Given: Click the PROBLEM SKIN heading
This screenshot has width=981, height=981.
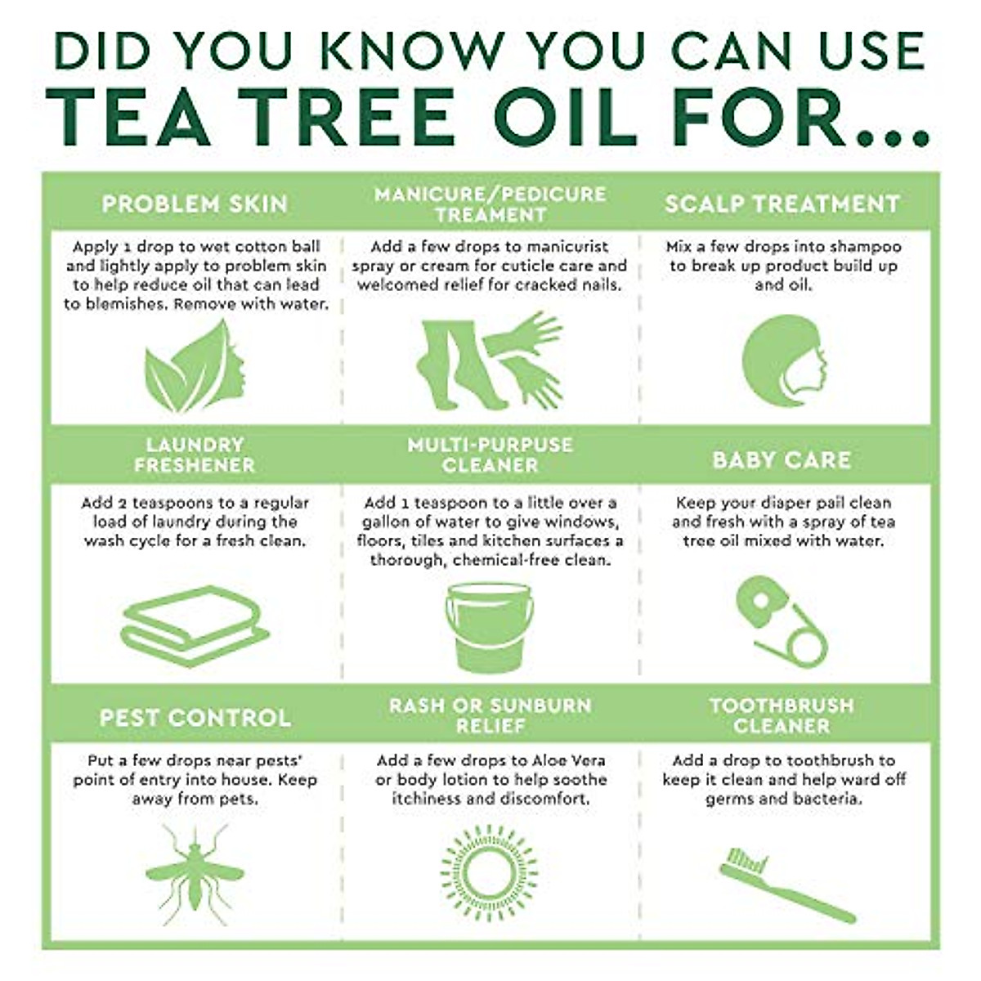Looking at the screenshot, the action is pos(195,204).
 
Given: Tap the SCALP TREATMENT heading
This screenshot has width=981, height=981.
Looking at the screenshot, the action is pos(782,204).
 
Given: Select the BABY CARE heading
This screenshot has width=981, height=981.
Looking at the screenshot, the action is pos(782,460).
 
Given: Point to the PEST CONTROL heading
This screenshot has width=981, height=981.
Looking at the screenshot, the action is pos(195,718).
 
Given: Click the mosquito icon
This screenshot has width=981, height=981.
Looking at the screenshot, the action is pos(195,875).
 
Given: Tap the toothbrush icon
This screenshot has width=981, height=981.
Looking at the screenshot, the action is pos(787,885).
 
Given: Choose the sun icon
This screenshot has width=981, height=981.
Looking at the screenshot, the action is pos(489,874).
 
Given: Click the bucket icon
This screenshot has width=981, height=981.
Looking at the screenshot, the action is pos(490,627).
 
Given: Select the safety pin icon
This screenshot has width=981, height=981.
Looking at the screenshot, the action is pos(782,622).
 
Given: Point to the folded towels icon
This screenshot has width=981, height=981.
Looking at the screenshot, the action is pos(195,626).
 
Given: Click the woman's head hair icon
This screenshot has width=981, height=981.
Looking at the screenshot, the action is pos(784,361).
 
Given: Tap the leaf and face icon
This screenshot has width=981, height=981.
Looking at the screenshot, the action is pos(195,365).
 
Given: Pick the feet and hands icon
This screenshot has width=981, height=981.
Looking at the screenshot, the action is pos(490,361).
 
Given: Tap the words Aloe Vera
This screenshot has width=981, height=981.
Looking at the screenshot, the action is pos(568,760).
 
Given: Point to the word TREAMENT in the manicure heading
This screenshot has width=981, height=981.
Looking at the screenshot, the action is pos(490,215).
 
